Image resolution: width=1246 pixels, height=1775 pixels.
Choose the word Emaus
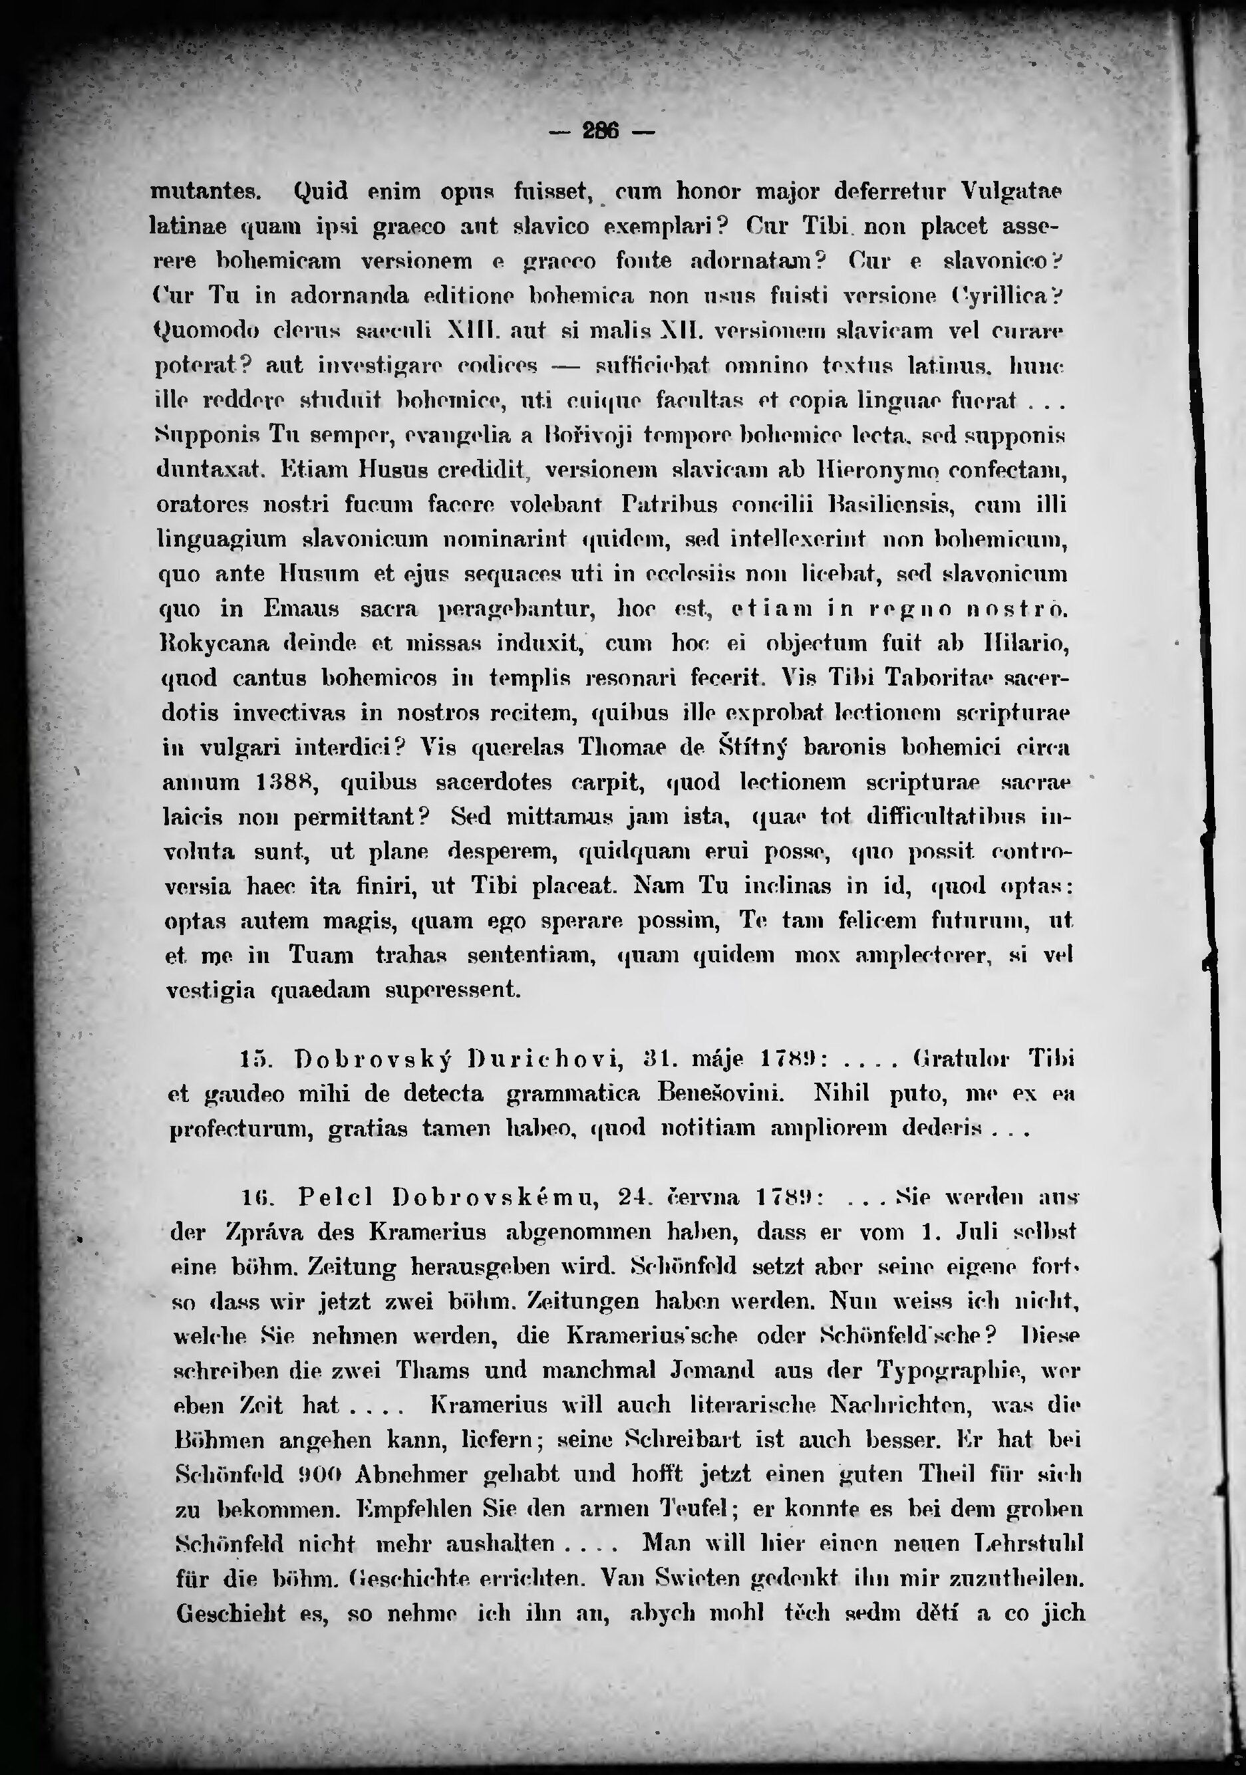pyautogui.click(x=301, y=609)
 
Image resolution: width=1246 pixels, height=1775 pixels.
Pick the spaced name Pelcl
pyautogui.click(x=335, y=1198)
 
